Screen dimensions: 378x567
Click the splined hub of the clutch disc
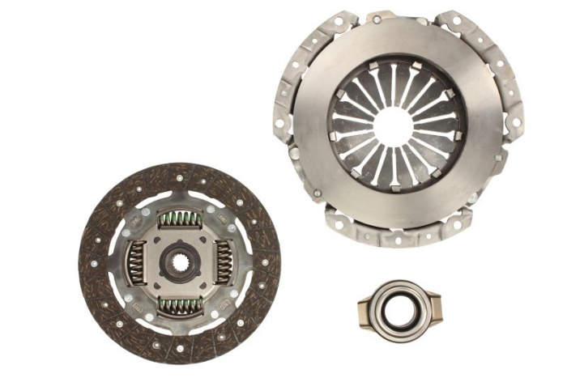179,262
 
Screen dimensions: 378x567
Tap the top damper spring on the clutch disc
180,219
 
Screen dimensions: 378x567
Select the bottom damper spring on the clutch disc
180,305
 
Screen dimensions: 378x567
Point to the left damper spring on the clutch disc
137,262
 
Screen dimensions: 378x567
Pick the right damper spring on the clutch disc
223,262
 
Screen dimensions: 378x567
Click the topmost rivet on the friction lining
180,172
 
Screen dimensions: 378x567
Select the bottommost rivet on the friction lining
180,352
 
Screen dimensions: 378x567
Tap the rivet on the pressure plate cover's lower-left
318,193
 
